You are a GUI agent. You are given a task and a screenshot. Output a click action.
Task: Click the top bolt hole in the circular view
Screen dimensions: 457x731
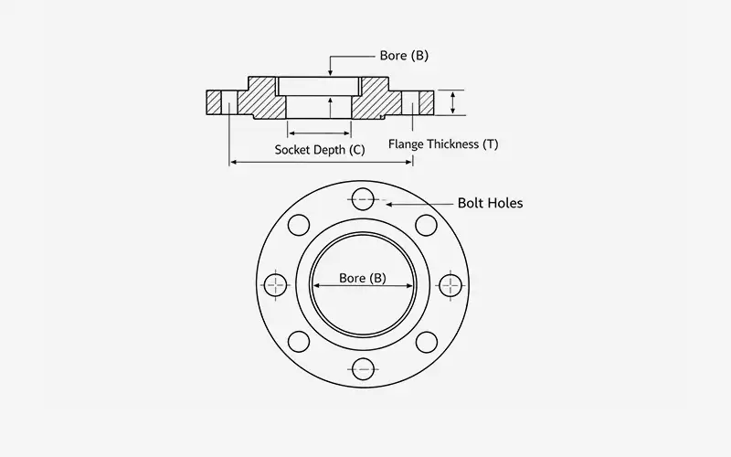[363, 199]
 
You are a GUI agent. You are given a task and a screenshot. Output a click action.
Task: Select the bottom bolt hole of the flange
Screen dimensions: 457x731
[363, 369]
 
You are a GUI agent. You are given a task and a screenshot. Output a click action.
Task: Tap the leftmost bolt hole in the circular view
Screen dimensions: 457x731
[278, 284]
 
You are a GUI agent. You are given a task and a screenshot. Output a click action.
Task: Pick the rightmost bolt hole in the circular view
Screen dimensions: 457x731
[448, 284]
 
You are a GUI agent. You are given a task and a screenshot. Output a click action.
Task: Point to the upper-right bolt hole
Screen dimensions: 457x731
[425, 225]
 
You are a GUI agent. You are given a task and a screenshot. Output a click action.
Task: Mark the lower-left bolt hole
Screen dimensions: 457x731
[300, 343]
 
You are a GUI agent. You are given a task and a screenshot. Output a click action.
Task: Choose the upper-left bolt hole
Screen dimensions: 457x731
[300, 225]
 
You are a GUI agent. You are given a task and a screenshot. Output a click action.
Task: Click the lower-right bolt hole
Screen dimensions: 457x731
[425, 343]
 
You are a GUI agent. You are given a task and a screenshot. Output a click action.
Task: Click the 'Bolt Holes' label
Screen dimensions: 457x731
[490, 203]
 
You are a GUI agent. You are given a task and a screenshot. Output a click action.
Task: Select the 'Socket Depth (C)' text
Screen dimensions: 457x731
[319, 148]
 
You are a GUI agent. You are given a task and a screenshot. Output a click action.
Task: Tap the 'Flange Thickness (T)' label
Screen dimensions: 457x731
[443, 144]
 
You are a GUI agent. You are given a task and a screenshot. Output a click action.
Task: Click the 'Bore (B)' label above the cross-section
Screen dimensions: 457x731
[403, 56]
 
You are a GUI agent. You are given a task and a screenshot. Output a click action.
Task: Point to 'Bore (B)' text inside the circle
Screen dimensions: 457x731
[362, 278]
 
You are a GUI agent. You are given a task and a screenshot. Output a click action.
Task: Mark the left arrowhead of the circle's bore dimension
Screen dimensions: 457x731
[313, 286]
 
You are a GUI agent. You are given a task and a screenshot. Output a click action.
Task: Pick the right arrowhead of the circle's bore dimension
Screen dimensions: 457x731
[412, 286]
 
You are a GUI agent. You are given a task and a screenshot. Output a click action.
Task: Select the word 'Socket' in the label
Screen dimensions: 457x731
[294, 148]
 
